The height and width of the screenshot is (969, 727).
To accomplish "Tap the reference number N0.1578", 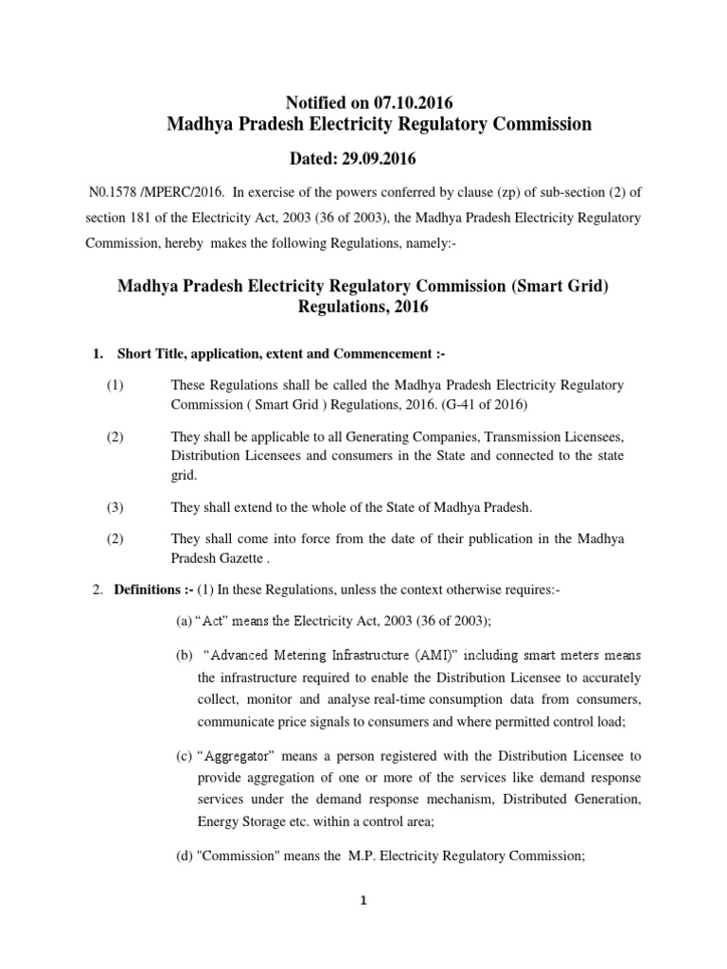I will point(113,192).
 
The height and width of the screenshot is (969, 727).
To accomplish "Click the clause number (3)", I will point(115,507).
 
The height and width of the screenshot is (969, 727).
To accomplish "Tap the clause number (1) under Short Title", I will point(115,386).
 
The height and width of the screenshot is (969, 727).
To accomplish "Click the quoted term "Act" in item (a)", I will point(213,622).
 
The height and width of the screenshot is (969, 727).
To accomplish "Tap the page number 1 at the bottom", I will point(363,901).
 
